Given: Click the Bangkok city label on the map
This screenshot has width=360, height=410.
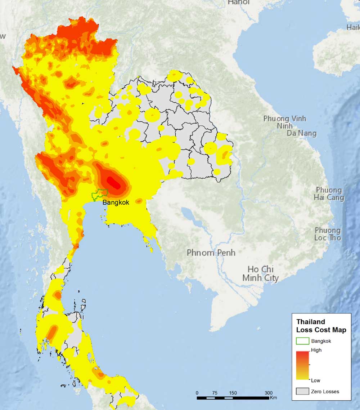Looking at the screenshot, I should click(x=116, y=202).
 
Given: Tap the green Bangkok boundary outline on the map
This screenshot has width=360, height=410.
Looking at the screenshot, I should click(x=99, y=195).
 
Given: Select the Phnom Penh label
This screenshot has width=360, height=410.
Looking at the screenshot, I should click(x=211, y=253).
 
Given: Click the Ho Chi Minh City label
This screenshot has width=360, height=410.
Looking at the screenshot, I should click(x=260, y=273).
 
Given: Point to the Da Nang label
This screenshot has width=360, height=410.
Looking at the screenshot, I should click(x=302, y=133).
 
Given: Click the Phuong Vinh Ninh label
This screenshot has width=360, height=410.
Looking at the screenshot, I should click(x=285, y=122).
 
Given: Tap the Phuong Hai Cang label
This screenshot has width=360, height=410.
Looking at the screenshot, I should click(x=329, y=193).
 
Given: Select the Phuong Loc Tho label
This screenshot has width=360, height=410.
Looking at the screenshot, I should click(x=328, y=234).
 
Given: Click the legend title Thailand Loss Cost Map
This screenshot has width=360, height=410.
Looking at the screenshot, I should click(x=321, y=326).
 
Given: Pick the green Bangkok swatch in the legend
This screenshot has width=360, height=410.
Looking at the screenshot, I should click(x=302, y=341).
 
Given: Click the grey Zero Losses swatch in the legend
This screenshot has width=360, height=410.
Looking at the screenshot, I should click(x=302, y=391).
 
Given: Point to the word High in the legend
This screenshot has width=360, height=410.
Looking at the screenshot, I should click(x=316, y=350).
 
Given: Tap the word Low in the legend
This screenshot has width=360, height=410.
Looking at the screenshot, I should click(x=315, y=380).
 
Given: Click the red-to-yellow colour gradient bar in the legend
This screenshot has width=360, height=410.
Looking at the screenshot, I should click(x=302, y=365).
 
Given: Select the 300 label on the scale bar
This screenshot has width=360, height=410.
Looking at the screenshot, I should click(x=269, y=393).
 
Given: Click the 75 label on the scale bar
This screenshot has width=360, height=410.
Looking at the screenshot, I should click(x=215, y=393).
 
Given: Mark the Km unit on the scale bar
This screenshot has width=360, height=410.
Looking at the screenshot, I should click(x=273, y=398).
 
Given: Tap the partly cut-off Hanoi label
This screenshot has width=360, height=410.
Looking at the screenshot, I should click(x=239, y=2).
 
